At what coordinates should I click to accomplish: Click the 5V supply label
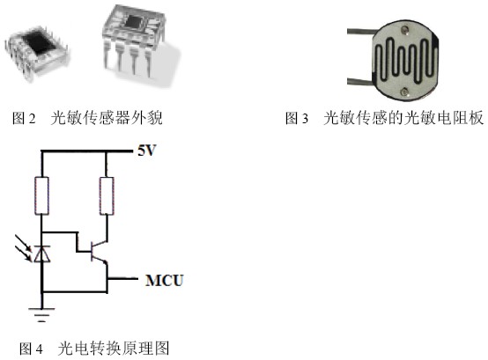coord(146,151)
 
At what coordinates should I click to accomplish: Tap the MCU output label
coord(165,280)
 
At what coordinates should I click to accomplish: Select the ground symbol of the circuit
coord(41,314)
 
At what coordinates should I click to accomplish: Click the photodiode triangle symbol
coord(41,253)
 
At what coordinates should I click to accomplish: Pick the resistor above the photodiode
coord(41,196)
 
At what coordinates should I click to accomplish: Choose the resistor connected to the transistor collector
coord(107,196)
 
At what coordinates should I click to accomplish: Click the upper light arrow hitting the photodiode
coord(23,243)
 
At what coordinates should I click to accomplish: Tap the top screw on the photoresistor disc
coord(405,30)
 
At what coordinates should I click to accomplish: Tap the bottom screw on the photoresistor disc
coord(404,92)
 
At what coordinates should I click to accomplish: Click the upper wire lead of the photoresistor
coord(360,31)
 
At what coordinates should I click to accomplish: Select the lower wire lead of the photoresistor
coord(360,82)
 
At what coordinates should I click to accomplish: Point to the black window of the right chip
coord(135,21)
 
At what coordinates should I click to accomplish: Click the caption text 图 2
coord(24,118)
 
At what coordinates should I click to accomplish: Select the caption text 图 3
coord(297,118)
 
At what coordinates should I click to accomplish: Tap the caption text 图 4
coord(31,349)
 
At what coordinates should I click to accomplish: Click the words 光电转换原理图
coord(114,349)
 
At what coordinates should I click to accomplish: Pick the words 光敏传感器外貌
coord(107,118)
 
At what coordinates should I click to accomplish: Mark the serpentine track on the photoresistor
coord(404,61)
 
